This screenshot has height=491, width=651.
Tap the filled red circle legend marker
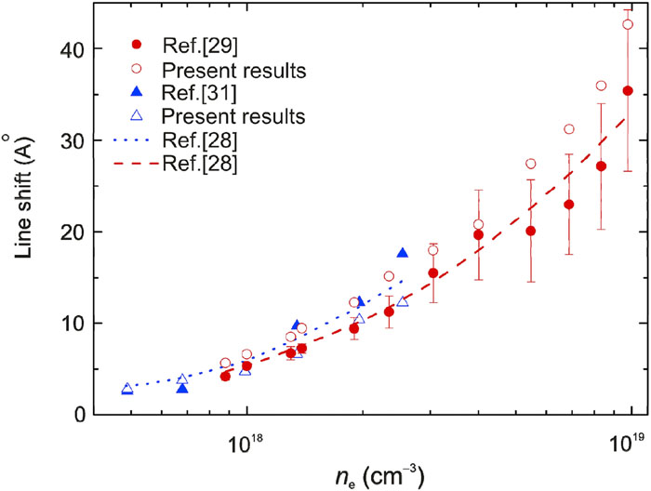[137, 45]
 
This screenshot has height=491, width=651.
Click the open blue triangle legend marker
[137, 117]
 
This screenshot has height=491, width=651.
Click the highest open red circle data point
[628, 24]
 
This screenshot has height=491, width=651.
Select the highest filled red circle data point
[628, 90]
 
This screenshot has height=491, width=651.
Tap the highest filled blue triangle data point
[403, 253]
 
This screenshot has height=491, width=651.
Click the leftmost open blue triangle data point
[127, 389]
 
